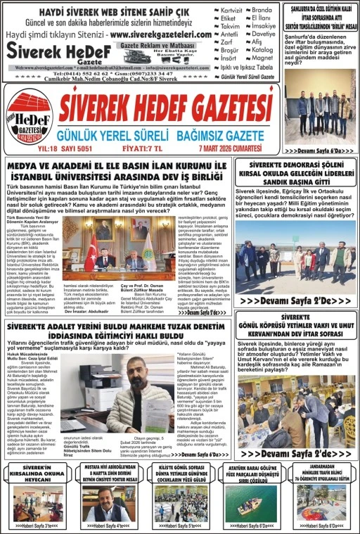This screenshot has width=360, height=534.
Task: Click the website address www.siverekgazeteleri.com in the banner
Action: (161, 33)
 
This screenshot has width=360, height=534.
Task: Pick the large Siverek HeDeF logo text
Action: (49, 51)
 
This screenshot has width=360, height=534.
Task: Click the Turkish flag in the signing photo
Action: (92, 252)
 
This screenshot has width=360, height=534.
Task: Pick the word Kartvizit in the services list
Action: (236, 11)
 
